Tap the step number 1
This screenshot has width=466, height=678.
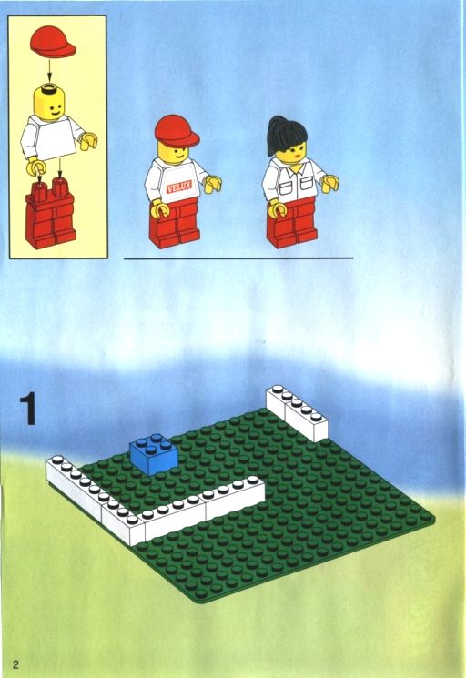click(x=28, y=409)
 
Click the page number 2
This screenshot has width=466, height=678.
click(x=16, y=663)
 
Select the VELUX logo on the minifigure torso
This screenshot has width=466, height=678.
click(x=178, y=187)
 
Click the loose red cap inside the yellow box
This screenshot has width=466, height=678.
click(x=52, y=42)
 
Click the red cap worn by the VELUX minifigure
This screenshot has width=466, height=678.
click(x=177, y=130)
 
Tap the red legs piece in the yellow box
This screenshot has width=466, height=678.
click(x=51, y=214)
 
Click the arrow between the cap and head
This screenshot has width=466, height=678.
click(x=49, y=70)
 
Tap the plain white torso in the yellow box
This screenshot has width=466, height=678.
click(x=52, y=138)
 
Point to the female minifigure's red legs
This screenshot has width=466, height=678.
click(x=292, y=223)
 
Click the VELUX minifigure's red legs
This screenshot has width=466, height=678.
click(x=174, y=224)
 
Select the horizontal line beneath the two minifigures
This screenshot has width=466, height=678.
click(x=238, y=258)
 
